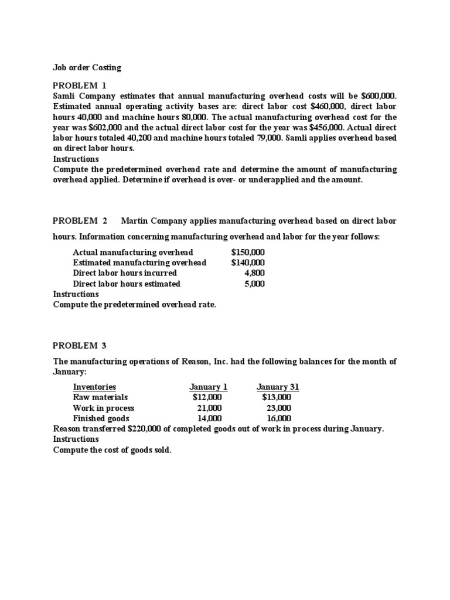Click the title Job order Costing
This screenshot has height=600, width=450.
[87, 67]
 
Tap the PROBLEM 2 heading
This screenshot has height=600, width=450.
[80, 221]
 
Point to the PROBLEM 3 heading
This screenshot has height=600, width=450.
[80, 345]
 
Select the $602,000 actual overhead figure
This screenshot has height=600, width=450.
[107, 127]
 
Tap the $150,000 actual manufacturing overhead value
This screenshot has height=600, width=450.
[248, 252]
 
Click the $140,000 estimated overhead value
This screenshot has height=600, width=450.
[248, 262]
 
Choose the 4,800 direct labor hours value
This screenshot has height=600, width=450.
[254, 273]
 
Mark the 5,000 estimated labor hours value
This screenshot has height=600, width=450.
[254, 284]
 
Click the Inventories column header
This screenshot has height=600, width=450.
[94, 387]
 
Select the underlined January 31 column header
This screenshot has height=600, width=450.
[278, 387]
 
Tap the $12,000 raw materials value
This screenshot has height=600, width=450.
[207, 397]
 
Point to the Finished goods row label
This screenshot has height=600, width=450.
[101, 418]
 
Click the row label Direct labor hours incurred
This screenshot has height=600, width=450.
[125, 273]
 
